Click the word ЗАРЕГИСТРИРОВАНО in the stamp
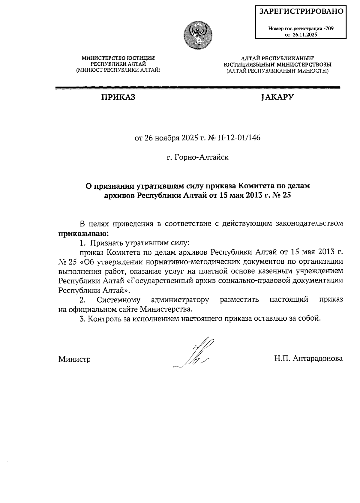pyautogui.click(x=301, y=11)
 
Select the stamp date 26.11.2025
pyautogui.click(x=305, y=34)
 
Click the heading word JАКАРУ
pyautogui.click(x=277, y=97)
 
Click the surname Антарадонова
pyautogui.click(x=318, y=358)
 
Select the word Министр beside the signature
pyautogui.click(x=74, y=359)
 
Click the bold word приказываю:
pyautogui.click(x=83, y=233)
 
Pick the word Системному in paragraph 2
pyautogui.click(x=118, y=300)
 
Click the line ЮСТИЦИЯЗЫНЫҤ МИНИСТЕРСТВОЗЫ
pyautogui.click(x=277, y=64)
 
